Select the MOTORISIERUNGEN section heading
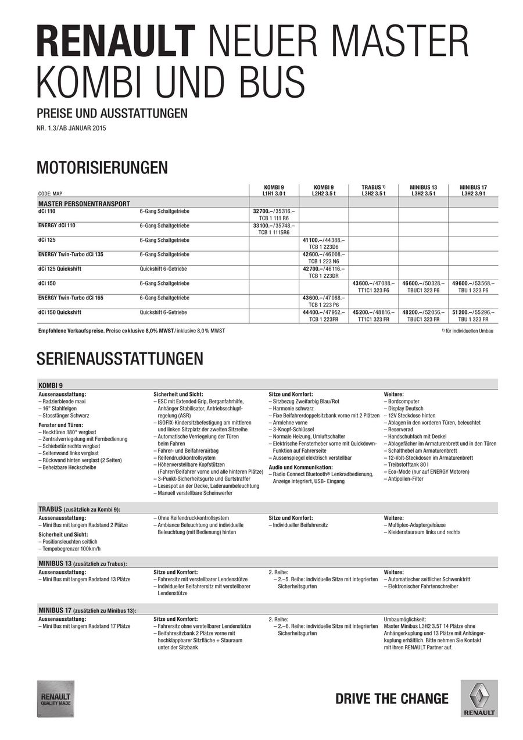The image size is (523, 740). (102, 168)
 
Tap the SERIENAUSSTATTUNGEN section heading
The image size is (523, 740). (120, 358)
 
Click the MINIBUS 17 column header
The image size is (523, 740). (473, 190)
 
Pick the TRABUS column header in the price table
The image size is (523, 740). (372, 190)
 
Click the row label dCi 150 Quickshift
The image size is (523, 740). (59, 312)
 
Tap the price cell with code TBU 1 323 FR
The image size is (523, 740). (473, 316)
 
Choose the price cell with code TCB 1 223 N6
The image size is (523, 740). (323, 258)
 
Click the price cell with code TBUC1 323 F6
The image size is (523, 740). (422, 287)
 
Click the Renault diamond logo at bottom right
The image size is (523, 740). (479, 698)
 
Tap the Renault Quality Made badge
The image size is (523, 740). (55, 698)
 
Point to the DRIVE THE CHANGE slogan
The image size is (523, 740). (392, 699)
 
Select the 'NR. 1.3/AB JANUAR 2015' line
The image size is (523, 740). (71, 128)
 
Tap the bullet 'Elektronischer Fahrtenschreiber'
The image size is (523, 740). (422, 587)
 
